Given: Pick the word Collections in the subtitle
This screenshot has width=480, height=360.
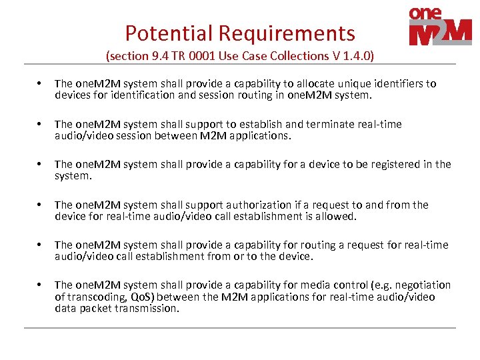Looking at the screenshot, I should [295, 56].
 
